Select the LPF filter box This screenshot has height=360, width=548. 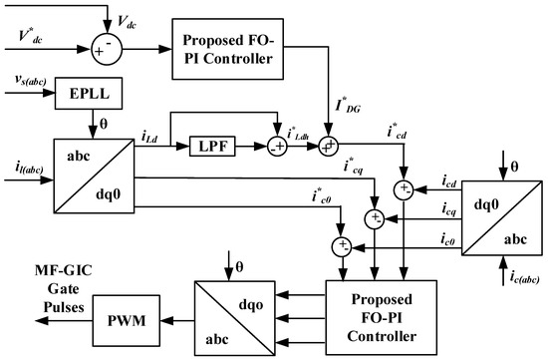click(x=212, y=146)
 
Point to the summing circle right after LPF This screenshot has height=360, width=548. click(x=277, y=147)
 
